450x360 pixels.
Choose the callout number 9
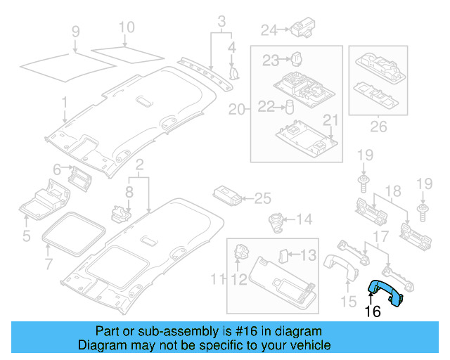click(x=75, y=32)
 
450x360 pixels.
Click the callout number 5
click(x=26, y=236)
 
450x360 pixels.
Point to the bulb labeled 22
click(x=288, y=107)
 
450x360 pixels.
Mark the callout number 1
click(x=64, y=104)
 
